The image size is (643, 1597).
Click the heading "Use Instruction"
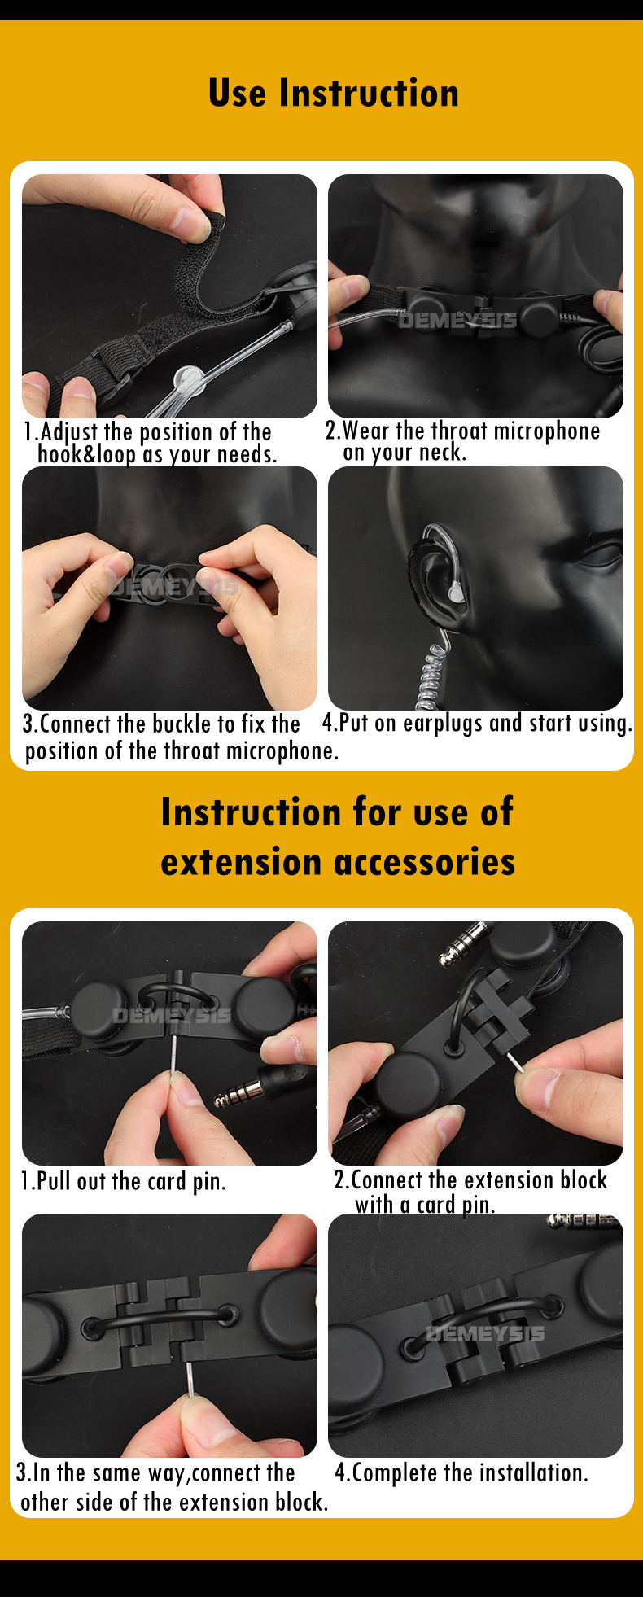coord(333,93)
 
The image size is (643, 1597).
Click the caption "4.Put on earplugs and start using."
coord(477,723)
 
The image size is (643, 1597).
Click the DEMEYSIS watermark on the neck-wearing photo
coord(457,321)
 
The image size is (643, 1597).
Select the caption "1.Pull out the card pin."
coord(123,1181)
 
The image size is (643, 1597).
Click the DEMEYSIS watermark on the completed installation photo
coord(485,1333)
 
